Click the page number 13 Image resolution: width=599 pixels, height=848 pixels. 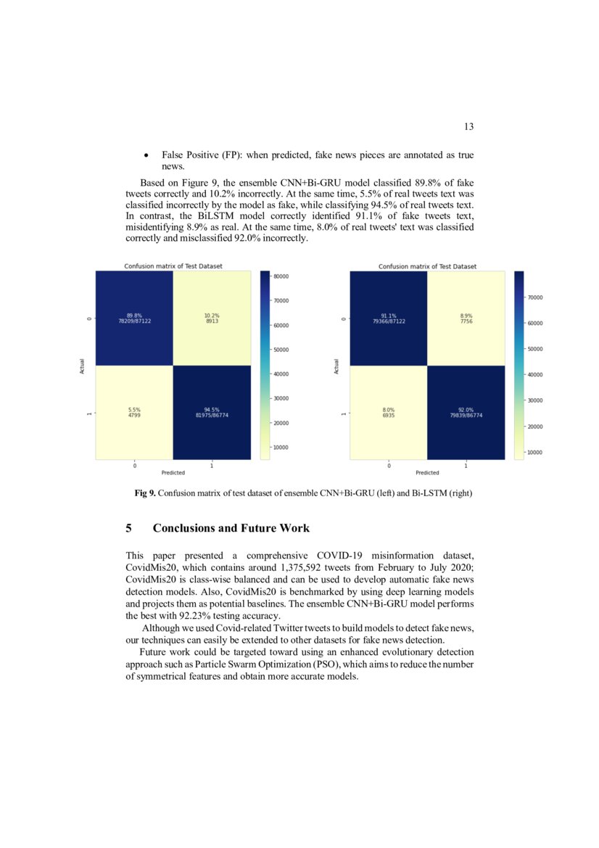coord(468,127)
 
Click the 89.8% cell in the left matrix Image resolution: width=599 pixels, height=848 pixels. coord(134,318)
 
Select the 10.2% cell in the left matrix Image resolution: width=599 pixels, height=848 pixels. coord(211,318)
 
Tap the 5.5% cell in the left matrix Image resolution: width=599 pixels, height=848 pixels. coord(134,413)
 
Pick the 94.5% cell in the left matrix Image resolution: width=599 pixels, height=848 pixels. coord(211,413)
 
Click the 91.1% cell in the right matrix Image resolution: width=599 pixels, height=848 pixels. coord(388,318)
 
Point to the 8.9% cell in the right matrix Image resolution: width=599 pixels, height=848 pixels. coord(466,318)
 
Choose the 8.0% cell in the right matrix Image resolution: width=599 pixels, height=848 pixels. coord(388,413)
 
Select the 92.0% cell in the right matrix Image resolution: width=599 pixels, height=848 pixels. coord(466,413)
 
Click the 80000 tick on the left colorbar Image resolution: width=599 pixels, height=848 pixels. coord(281,276)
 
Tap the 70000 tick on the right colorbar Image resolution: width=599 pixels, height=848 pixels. coord(535,297)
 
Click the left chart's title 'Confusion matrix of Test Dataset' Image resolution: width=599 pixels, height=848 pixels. coord(173,266)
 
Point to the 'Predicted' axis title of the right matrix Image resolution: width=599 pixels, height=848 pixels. coord(427,472)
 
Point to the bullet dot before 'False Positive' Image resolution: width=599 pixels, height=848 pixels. coord(147,156)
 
